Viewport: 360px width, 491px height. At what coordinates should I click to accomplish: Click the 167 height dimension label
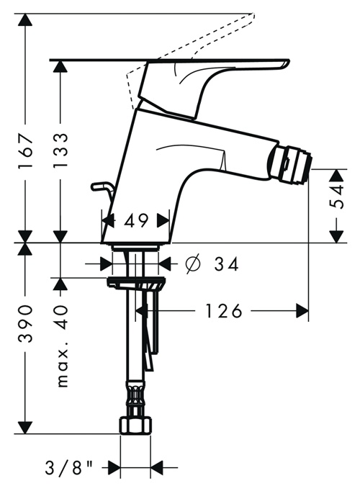(25, 151)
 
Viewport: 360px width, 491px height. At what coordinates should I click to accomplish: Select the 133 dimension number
(60, 151)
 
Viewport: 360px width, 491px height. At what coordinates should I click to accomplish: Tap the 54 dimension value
(336, 197)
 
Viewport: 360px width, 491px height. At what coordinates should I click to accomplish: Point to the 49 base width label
(136, 221)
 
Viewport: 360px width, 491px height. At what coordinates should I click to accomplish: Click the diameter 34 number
(226, 264)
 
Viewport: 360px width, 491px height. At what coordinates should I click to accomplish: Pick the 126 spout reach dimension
(223, 311)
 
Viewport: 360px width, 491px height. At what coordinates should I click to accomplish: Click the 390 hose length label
(25, 323)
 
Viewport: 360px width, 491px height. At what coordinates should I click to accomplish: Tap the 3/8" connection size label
(69, 469)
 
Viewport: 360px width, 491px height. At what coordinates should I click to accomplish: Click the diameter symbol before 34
(192, 264)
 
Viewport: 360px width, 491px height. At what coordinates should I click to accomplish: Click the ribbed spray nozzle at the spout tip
(290, 163)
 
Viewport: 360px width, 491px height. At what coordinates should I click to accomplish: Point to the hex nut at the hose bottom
(136, 425)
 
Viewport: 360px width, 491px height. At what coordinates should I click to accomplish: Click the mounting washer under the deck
(135, 282)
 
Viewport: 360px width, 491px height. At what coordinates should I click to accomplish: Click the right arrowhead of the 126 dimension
(302, 311)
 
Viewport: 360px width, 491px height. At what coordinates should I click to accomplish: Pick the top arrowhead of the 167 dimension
(25, 20)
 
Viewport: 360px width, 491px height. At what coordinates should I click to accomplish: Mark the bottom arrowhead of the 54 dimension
(336, 237)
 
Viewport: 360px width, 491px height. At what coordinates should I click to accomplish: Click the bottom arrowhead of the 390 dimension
(25, 428)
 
